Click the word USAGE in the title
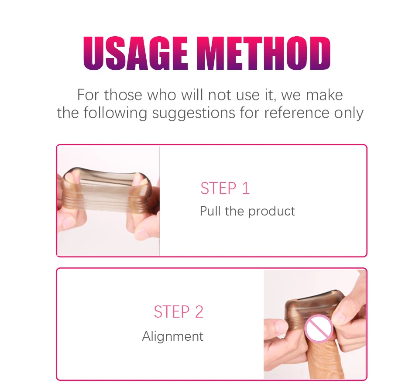click(x=135, y=53)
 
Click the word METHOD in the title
click(x=264, y=53)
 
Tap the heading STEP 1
click(x=225, y=188)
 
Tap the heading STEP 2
click(x=179, y=312)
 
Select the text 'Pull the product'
click(x=247, y=211)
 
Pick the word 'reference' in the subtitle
click(x=297, y=113)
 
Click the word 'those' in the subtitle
click(x=123, y=95)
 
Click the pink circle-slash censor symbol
click(x=319, y=329)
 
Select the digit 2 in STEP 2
click(x=199, y=312)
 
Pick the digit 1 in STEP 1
click(x=246, y=188)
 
